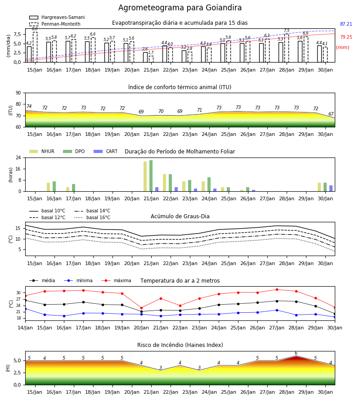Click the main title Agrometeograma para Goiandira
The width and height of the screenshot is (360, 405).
pos(180,8)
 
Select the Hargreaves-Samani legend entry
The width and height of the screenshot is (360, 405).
pos(57,17)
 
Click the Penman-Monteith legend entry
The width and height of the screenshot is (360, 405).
pos(55,24)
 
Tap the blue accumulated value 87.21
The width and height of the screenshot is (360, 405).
pos(346,24)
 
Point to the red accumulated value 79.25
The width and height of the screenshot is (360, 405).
pos(346,37)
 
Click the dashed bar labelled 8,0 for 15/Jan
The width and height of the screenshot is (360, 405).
pos(35,47)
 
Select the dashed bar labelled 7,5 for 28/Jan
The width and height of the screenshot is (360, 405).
pos(287,48)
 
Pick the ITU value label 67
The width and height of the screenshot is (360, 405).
pos(331,114)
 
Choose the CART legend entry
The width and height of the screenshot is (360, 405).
pos(106,151)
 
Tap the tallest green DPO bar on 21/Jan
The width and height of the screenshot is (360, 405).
pos(151,176)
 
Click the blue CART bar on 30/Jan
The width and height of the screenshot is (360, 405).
pos(331,188)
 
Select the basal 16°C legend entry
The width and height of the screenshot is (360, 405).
pos(92,217)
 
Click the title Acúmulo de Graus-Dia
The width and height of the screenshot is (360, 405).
pos(180,216)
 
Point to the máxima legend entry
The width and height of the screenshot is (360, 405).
pos(117,280)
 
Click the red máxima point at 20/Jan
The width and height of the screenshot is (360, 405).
pos(141,308)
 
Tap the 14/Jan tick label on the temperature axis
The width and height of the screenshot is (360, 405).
pos(25,328)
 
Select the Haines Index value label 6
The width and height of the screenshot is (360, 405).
pos(296,353)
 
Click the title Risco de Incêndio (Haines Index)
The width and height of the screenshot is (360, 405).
pos(180,345)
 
